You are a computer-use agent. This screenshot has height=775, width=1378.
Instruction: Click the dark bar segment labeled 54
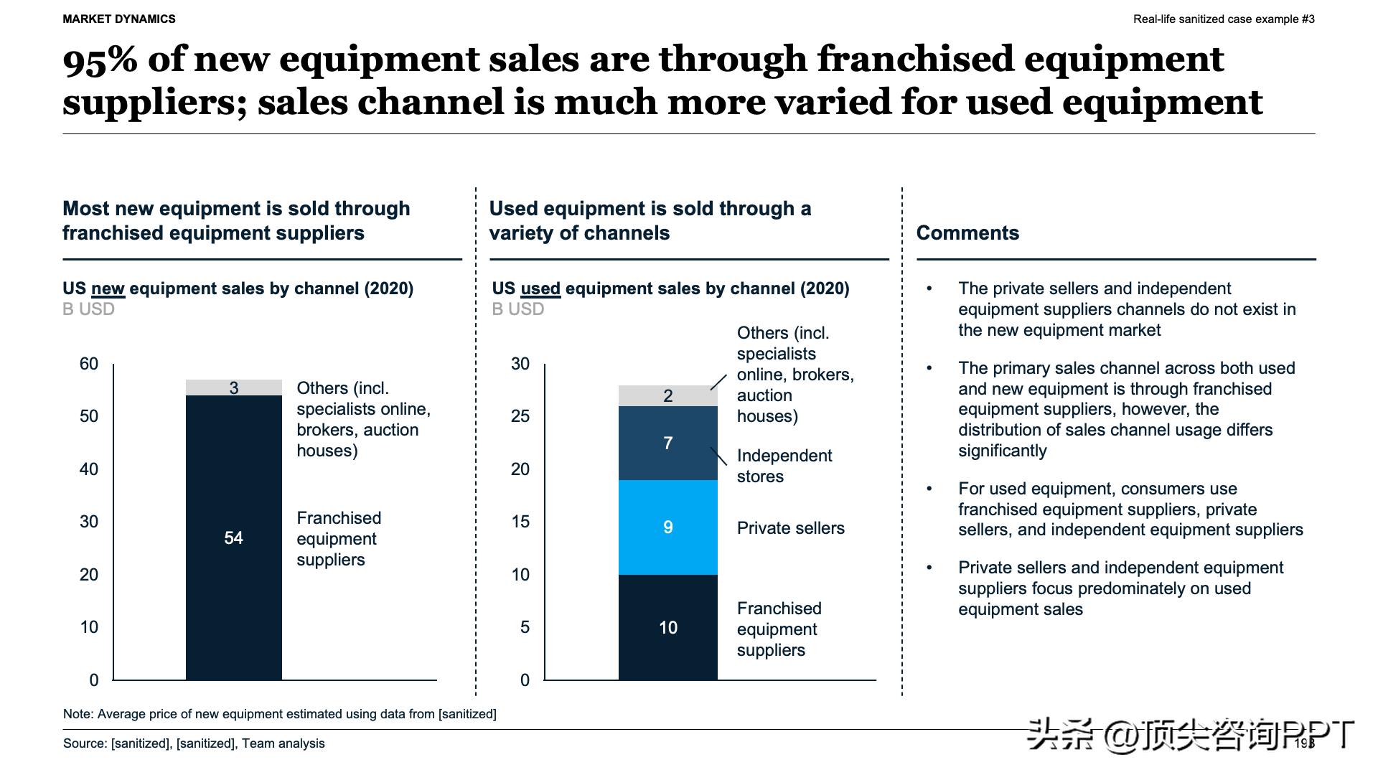coord(233,537)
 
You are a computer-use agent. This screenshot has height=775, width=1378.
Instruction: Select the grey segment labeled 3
coord(233,387)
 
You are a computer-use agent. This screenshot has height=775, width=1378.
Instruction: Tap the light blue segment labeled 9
coord(667,527)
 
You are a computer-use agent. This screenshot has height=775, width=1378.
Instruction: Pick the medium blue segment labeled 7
coord(667,443)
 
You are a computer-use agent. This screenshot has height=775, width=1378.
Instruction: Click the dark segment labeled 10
coord(667,627)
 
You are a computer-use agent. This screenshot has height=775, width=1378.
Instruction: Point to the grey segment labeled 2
coord(667,395)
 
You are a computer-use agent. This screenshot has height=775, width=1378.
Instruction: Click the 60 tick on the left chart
coord(89,364)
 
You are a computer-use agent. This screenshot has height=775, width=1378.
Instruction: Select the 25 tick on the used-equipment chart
coord(520,416)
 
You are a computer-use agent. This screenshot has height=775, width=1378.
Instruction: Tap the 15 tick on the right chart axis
coord(520,522)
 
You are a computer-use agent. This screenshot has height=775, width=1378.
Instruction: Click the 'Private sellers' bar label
coord(790,528)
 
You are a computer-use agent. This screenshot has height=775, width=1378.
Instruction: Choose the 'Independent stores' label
coord(784,466)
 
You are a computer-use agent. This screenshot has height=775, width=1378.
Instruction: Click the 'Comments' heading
coord(967,232)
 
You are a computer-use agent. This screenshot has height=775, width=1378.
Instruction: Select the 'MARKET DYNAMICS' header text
coord(119,19)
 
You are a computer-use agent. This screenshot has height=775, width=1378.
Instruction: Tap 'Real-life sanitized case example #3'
coord(1224,19)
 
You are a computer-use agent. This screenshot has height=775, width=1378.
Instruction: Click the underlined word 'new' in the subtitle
coord(108,288)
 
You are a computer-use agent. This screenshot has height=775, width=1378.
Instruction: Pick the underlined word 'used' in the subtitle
coord(540,288)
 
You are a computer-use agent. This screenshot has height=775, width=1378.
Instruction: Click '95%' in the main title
coord(100,60)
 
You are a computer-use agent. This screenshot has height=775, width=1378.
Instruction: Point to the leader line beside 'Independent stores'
coord(718,456)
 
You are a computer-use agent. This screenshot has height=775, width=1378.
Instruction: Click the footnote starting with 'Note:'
coord(279,714)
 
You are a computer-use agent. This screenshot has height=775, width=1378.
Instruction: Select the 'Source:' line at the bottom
coord(194,743)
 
